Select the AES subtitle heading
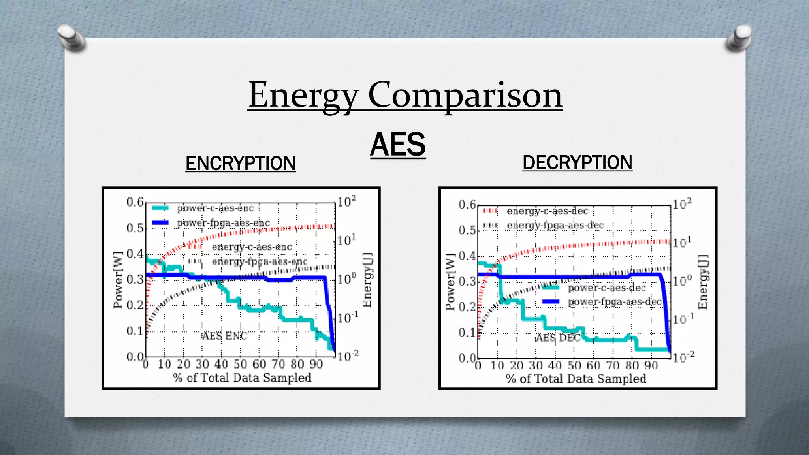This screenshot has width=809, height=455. (398, 145)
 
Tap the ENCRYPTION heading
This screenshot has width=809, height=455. (241, 164)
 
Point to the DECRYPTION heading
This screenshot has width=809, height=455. (577, 163)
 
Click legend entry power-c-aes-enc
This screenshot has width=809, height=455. (215, 208)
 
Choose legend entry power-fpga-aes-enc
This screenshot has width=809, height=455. (223, 223)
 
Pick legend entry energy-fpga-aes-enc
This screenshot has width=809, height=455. (259, 262)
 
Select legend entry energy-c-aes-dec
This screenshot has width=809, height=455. (547, 211)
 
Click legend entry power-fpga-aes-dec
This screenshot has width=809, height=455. (614, 302)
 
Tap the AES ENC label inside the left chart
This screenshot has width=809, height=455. (224, 336)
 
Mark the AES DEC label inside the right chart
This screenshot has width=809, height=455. (558, 337)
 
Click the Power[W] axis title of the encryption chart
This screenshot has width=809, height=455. (118, 280)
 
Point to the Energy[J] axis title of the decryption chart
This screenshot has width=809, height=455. (702, 282)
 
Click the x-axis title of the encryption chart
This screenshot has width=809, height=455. (242, 378)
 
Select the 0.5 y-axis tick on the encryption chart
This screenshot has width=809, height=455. (135, 228)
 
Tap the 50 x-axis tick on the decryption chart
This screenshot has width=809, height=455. (574, 365)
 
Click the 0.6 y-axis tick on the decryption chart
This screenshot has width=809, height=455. (467, 205)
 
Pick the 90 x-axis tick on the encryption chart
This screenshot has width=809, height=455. (316, 364)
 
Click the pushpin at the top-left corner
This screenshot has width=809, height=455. (70, 38)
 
